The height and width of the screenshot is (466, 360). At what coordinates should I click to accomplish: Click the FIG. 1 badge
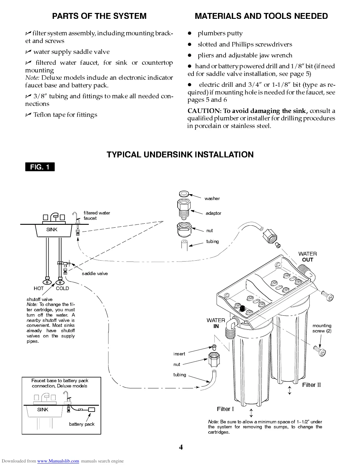tap(40, 167)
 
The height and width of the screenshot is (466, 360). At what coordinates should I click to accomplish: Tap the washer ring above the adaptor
tap(184, 194)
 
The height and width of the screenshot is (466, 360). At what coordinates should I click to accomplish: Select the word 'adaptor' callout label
tap(213, 213)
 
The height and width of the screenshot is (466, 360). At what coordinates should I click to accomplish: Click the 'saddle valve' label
tap(95, 273)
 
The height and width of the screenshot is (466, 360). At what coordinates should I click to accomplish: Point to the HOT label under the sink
tap(39, 288)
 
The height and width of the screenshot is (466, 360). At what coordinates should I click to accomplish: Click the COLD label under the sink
tap(62, 288)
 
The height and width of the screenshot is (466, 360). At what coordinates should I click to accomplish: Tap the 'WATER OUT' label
tap(308, 257)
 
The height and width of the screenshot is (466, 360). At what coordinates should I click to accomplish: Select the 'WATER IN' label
tap(216, 323)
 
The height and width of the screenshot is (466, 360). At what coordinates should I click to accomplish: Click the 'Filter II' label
tap(311, 385)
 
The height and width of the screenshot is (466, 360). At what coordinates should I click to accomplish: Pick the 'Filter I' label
tap(225, 409)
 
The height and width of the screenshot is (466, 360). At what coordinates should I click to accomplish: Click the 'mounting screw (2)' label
tap(322, 328)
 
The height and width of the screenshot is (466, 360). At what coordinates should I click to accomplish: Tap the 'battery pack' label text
tap(82, 424)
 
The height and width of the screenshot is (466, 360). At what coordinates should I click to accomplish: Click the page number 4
tap(181, 447)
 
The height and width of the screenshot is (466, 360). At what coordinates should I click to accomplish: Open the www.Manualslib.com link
tap(58, 461)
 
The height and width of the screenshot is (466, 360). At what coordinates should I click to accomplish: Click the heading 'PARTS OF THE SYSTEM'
tap(99, 16)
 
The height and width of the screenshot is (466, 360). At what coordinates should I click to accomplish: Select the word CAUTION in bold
tap(204, 111)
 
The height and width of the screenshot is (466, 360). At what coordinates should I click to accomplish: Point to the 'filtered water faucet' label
tap(96, 215)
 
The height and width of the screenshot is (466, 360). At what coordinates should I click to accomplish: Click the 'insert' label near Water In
tap(179, 354)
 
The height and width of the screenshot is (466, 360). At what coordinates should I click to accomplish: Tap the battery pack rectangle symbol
tap(91, 410)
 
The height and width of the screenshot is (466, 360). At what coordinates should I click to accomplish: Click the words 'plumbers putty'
tap(220, 33)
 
